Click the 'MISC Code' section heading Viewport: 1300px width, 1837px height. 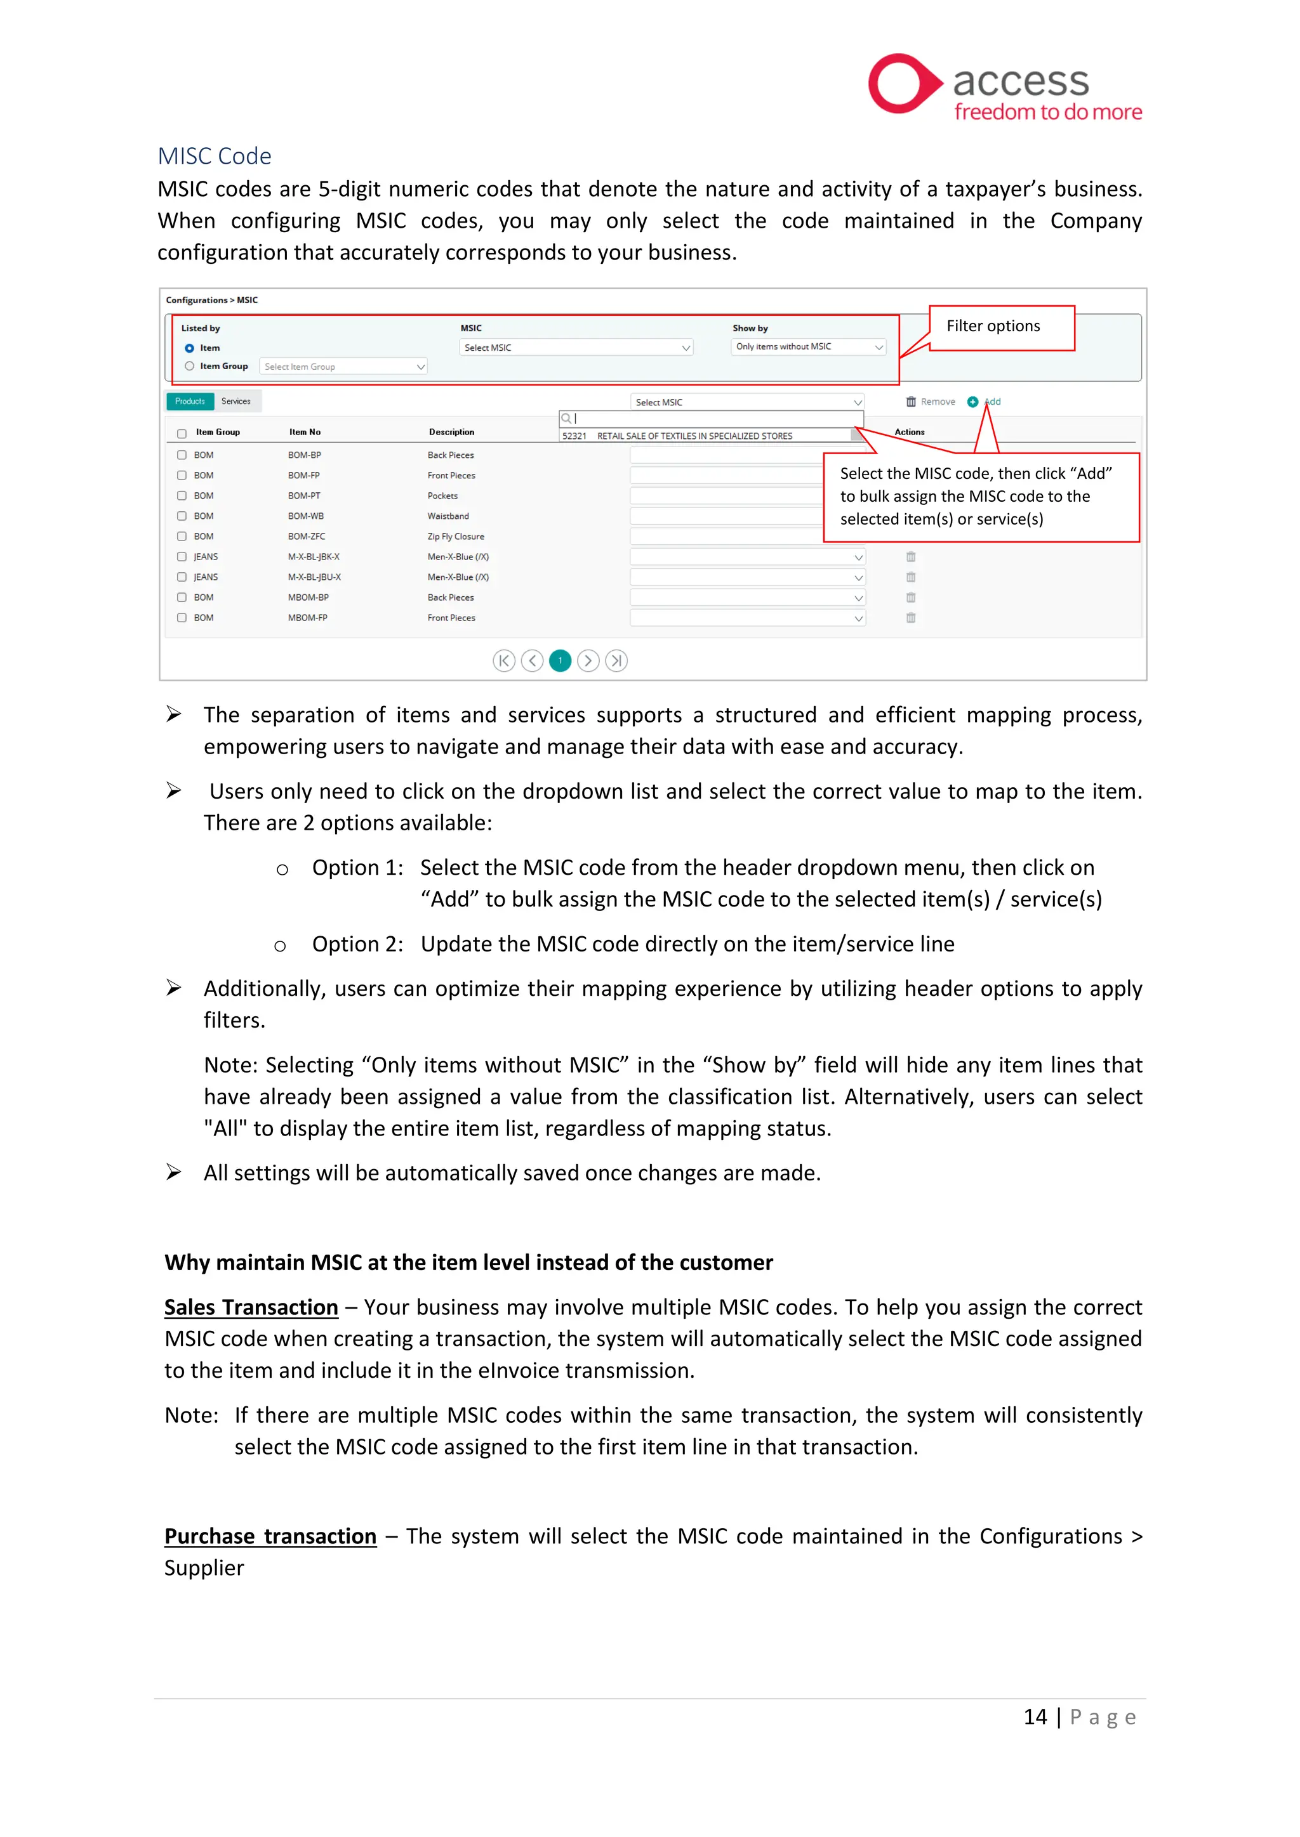215,156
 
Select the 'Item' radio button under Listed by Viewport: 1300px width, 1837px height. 190,348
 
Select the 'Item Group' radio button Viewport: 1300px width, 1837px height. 190,367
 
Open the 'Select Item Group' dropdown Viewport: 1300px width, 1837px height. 343,367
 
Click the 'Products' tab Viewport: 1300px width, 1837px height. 190,402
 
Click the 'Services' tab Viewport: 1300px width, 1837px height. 236,402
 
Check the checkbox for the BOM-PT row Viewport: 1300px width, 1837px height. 182,496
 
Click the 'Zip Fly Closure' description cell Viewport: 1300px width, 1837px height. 456,537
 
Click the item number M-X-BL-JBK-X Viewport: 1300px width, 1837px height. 314,557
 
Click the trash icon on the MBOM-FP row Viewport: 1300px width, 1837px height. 910,618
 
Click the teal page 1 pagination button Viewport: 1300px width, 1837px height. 560,661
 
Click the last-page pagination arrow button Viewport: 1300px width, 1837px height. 616,661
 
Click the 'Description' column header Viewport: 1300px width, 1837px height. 451,432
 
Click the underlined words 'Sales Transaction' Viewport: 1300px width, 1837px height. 251,1307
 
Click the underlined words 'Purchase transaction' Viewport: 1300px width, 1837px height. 270,1536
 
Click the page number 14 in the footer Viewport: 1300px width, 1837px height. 1035,1717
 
